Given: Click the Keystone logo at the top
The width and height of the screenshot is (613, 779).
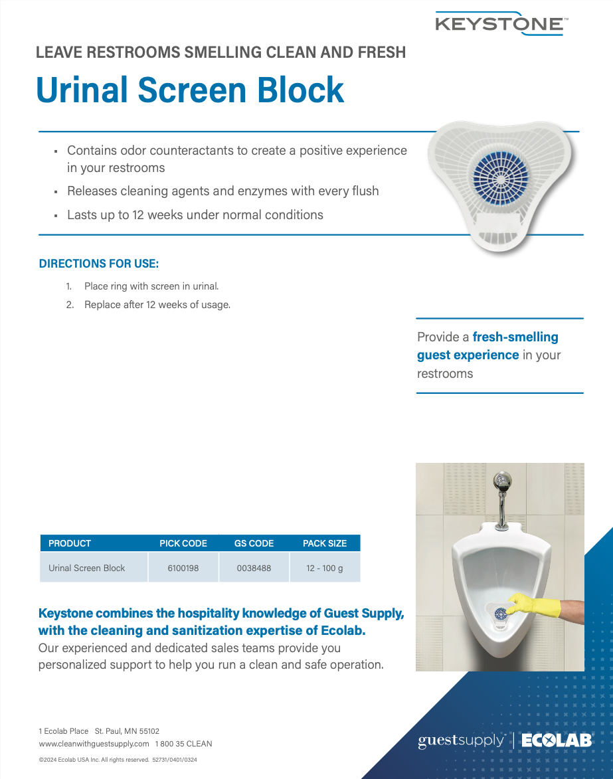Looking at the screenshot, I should click(501, 23).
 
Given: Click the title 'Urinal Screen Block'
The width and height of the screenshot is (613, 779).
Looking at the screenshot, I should click(190, 90).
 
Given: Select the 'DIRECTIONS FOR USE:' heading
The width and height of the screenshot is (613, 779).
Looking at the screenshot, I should click(99, 264).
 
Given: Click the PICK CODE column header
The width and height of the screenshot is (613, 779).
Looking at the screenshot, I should click(183, 543).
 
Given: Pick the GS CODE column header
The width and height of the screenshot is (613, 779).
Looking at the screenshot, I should click(254, 543).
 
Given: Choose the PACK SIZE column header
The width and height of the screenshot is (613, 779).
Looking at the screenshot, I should click(325, 543).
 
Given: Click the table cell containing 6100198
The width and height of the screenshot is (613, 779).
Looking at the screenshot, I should click(183, 568).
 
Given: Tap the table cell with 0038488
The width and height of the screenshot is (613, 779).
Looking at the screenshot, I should click(254, 568).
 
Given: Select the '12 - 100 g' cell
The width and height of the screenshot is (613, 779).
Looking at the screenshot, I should click(325, 568).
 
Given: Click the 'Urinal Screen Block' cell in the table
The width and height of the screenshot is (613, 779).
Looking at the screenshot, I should click(87, 568).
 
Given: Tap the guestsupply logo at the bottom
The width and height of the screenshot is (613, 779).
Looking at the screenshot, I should click(461, 740).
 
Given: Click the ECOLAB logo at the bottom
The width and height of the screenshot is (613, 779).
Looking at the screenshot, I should click(556, 740).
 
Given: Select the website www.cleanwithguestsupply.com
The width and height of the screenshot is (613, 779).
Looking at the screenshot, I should click(94, 744).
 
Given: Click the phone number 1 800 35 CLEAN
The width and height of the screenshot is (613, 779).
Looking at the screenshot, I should click(184, 744).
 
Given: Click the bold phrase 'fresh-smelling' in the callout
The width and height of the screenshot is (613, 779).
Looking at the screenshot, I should click(515, 337).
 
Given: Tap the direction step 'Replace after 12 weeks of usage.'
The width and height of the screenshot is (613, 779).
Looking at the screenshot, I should click(157, 305).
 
